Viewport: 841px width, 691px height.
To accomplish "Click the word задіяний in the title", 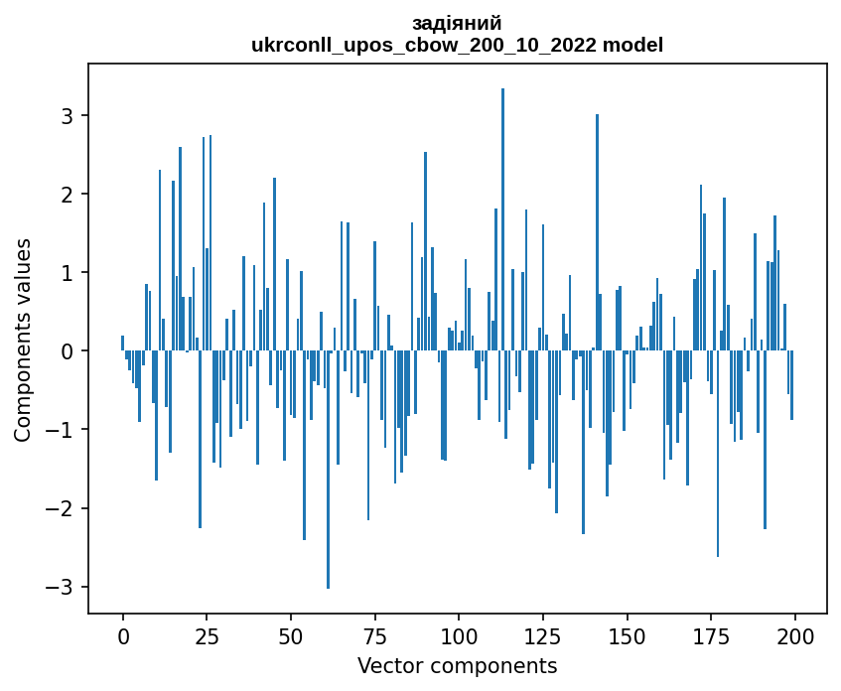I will [x=457, y=24].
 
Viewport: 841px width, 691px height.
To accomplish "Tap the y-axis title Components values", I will [x=23, y=340].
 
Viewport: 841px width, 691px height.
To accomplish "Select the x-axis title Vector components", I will [x=457, y=665].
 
